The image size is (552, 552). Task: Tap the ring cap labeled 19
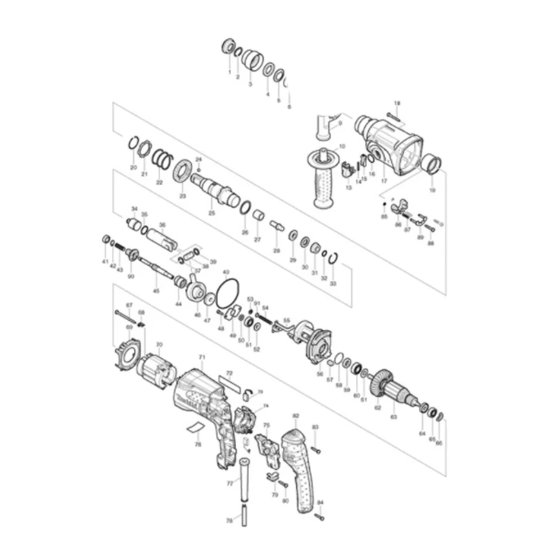pos(433,166)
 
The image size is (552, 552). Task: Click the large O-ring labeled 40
pos(226,295)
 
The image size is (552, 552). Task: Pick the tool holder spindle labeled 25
pos(214,187)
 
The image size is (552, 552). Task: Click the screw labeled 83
pos(316,449)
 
